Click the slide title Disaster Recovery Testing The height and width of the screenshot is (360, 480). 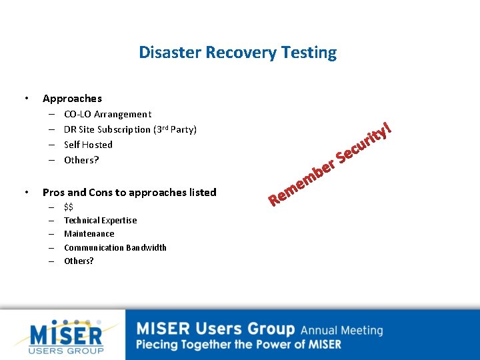237,52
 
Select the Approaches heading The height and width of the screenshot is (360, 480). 72,99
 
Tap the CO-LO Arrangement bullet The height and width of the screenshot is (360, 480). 107,114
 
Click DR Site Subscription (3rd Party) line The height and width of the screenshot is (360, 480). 130,129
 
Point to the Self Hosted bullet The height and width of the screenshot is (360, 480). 88,145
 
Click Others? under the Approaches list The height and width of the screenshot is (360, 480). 81,160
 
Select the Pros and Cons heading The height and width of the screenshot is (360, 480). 129,193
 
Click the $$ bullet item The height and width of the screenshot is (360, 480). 69,207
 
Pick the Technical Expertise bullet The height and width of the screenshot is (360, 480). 100,221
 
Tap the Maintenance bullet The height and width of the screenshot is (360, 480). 89,234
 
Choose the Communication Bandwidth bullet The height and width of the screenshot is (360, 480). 115,247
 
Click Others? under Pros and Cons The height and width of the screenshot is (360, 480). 79,261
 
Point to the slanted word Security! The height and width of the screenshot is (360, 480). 363,141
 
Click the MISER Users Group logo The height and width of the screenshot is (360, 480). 67,336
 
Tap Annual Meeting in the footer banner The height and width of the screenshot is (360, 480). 341,330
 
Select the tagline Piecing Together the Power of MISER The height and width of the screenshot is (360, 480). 239,345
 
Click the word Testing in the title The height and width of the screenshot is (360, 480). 309,52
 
